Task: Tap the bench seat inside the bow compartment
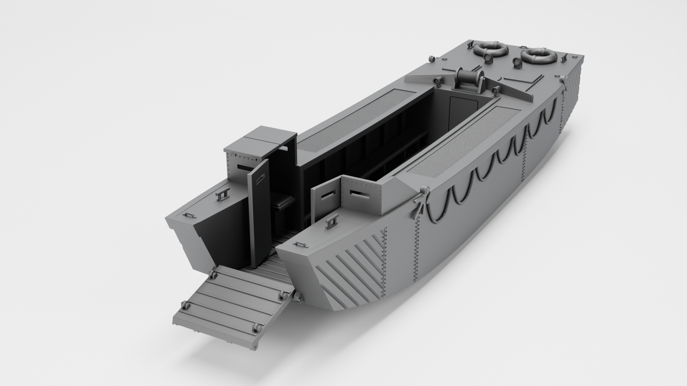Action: (x=283, y=202)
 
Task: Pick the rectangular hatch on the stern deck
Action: (x=519, y=77)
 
